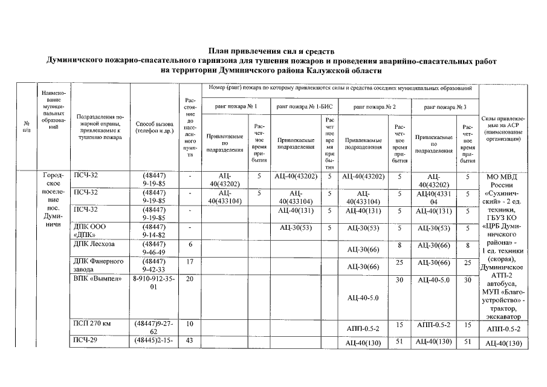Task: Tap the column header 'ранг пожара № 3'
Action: (445, 106)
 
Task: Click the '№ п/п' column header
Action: (26, 127)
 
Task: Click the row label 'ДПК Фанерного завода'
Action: (99, 265)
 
